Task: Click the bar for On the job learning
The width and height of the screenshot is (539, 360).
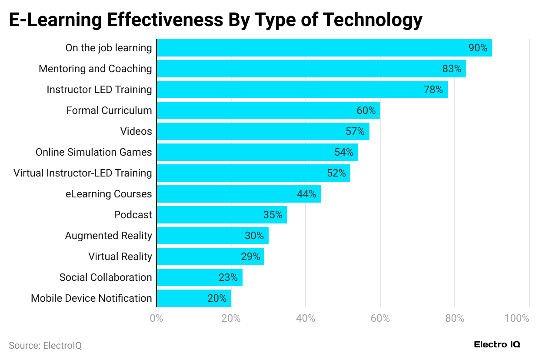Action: [324, 48]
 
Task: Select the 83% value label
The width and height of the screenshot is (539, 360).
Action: [452, 69]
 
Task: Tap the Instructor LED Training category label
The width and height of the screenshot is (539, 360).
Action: [99, 90]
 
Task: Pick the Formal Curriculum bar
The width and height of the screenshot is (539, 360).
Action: [268, 110]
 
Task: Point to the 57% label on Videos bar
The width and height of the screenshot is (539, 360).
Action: [355, 131]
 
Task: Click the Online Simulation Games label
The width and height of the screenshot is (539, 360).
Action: [93, 152]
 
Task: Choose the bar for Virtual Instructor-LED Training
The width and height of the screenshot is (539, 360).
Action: [253, 173]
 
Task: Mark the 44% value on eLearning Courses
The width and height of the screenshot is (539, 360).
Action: [306, 194]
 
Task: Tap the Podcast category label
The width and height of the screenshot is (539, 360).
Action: [133, 215]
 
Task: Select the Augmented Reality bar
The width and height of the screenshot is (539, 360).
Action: [212, 236]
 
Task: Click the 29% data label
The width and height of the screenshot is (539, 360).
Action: [250, 257]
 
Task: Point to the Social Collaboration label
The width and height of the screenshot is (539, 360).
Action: [106, 277]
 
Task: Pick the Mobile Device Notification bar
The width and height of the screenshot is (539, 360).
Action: [193, 298]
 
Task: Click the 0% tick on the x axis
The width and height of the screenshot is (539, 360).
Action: [156, 318]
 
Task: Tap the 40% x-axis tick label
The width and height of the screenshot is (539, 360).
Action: [306, 318]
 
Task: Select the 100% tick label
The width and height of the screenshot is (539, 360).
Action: [516, 318]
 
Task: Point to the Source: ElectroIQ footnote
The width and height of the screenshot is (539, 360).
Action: [45, 346]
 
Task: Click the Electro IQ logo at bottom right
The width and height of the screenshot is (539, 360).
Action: [497, 345]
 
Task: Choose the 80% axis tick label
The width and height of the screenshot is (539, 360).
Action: [455, 318]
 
